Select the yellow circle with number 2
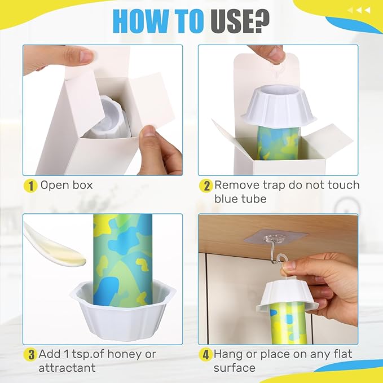206,185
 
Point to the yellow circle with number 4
206,355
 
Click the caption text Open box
67,185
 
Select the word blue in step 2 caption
227,199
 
